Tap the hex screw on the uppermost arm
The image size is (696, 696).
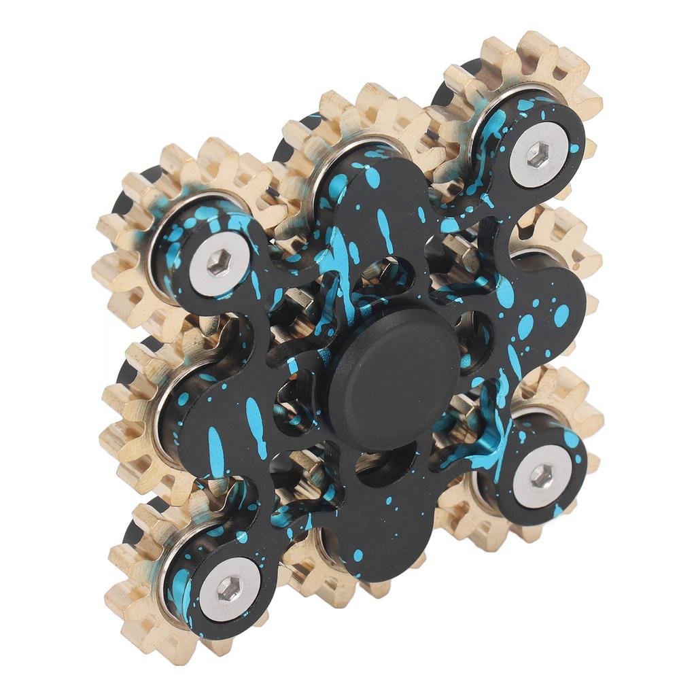[538, 154]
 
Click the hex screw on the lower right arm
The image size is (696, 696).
[541, 475]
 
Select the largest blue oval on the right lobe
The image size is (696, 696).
[561, 315]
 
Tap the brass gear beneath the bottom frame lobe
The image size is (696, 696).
[319, 578]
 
